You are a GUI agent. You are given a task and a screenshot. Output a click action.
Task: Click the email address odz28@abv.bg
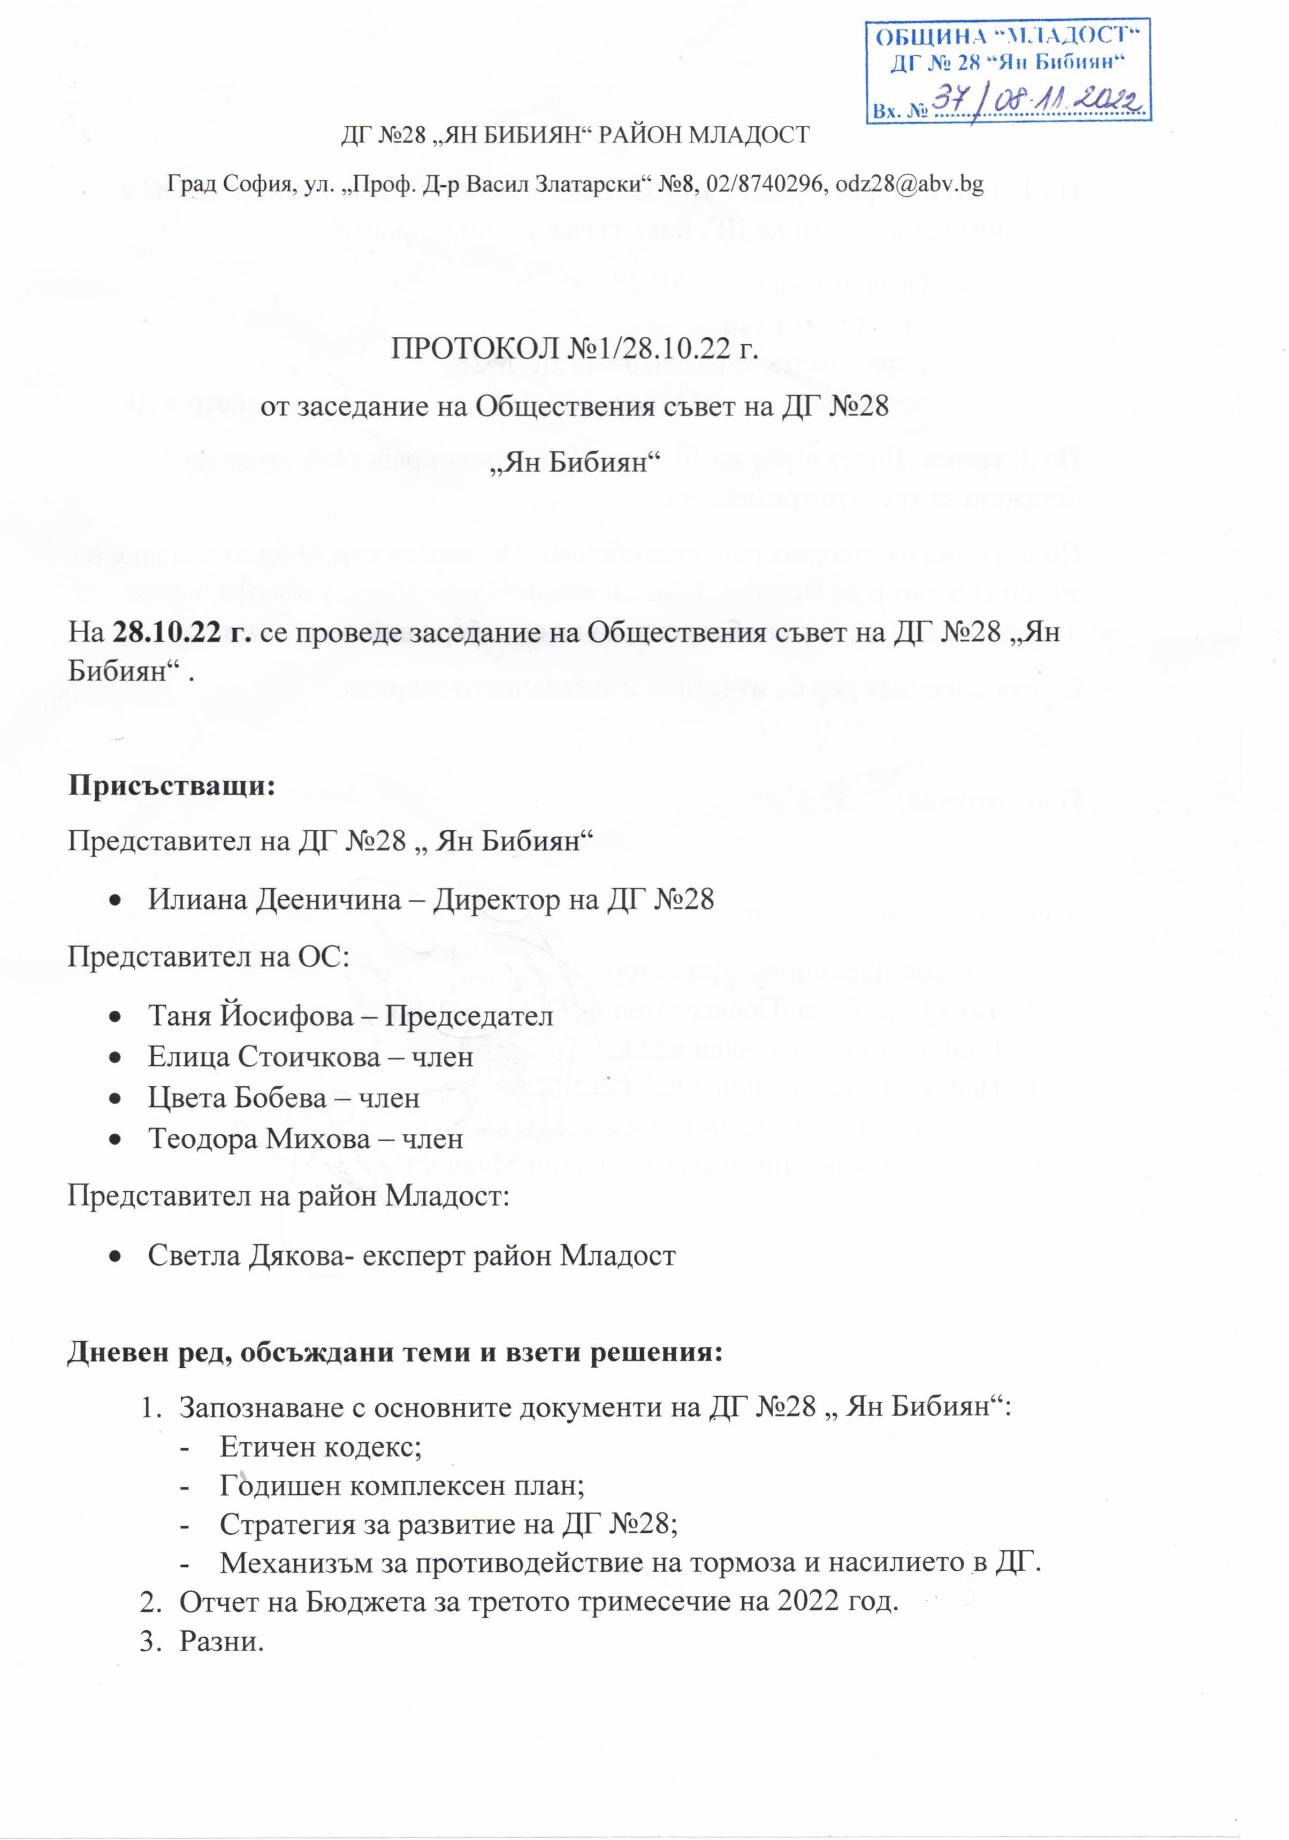(x=909, y=184)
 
